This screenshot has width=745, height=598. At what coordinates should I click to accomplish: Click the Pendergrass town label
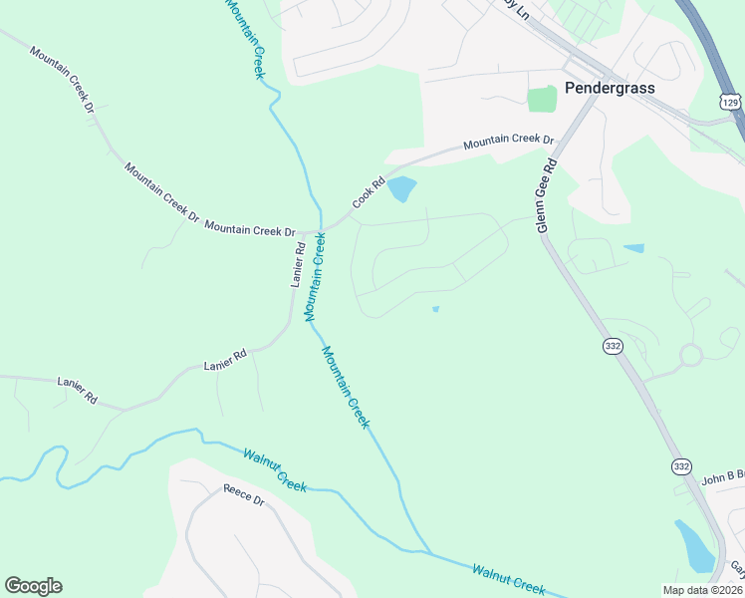[x=610, y=88]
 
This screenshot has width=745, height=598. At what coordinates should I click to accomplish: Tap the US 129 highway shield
[x=731, y=102]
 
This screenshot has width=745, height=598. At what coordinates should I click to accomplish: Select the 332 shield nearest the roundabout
[x=613, y=345]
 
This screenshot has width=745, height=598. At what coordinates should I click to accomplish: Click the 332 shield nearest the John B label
[x=681, y=466]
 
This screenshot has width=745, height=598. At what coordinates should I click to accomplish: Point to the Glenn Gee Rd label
[x=546, y=194]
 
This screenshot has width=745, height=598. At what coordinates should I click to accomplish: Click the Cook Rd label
[x=368, y=193]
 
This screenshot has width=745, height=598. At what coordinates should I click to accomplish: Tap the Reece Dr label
[x=242, y=494]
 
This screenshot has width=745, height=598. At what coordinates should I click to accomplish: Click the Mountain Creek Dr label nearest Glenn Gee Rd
[x=508, y=144]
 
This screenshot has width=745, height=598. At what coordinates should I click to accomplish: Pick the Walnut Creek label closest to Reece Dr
[x=275, y=469]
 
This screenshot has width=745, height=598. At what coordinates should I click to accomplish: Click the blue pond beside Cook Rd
[x=401, y=188]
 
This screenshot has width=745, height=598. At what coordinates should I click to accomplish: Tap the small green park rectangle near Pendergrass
[x=542, y=99]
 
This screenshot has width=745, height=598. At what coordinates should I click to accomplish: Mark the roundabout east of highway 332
[x=690, y=355]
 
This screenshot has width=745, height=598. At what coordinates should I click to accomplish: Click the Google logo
[x=33, y=586]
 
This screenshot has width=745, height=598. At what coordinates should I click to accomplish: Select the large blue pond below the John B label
[x=696, y=545]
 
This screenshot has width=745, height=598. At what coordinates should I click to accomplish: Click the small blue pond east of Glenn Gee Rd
[x=633, y=248]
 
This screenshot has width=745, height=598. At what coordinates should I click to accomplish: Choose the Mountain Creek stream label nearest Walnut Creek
[x=345, y=388]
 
